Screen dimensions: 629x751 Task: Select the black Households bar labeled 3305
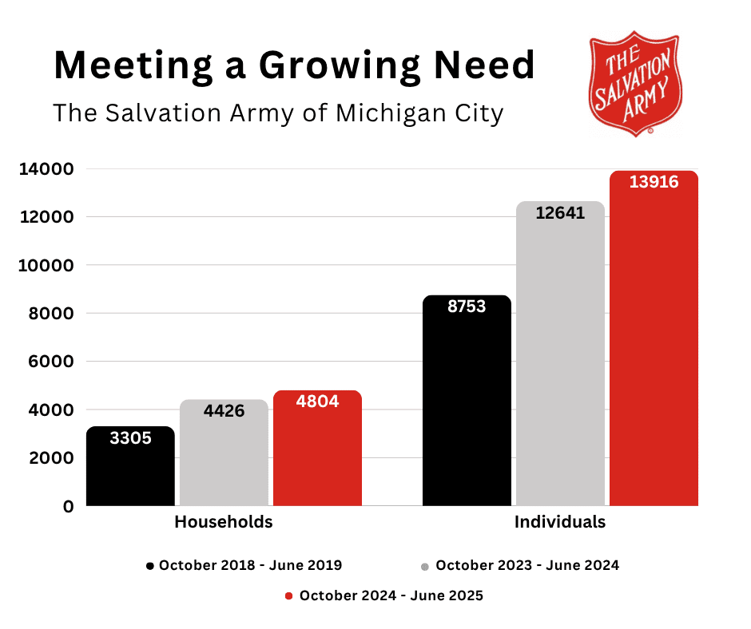[130, 471]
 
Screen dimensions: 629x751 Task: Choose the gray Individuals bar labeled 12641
[560, 359]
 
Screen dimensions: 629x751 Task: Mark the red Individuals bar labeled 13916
[654, 343]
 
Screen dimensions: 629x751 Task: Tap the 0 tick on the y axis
[69, 506]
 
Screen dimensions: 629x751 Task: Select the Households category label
[224, 523]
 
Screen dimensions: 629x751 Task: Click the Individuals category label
[560, 523]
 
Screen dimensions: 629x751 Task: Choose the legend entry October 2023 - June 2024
[520, 566]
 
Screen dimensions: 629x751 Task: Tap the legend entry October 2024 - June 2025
[384, 596]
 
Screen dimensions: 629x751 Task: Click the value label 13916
[654, 183]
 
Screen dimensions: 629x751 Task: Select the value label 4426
[224, 412]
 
